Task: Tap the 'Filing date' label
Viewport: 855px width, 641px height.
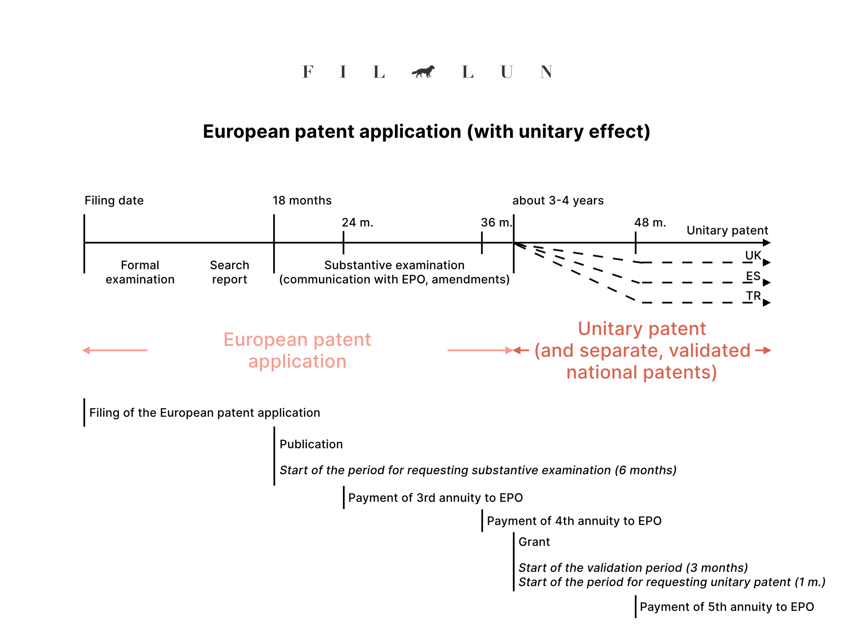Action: [x=114, y=201]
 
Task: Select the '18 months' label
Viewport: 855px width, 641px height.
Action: [x=302, y=201]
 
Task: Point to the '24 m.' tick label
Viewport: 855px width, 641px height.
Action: [x=357, y=223]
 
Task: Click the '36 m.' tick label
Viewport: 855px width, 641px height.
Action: [x=496, y=223]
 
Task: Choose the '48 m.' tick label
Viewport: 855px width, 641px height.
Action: [x=650, y=223]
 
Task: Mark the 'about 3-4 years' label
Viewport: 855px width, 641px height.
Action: [x=558, y=201]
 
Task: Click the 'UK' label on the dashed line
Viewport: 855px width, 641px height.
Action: [x=753, y=255]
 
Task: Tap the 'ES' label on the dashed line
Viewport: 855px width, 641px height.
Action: [x=753, y=276]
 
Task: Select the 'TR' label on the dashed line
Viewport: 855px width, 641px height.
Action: [x=753, y=296]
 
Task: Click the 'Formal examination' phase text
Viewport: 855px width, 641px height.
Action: [x=140, y=272]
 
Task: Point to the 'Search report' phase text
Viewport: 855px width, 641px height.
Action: [x=229, y=272]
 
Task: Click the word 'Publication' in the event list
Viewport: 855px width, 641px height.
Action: [x=311, y=444]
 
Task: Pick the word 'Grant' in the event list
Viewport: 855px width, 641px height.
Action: [x=534, y=542]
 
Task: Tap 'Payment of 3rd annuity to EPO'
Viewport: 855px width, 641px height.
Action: [x=435, y=498]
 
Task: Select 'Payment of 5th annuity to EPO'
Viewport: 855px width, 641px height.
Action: [x=727, y=606]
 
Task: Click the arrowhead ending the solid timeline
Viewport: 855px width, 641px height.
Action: [x=767, y=243]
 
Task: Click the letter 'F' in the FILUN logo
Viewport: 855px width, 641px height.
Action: [x=308, y=72]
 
